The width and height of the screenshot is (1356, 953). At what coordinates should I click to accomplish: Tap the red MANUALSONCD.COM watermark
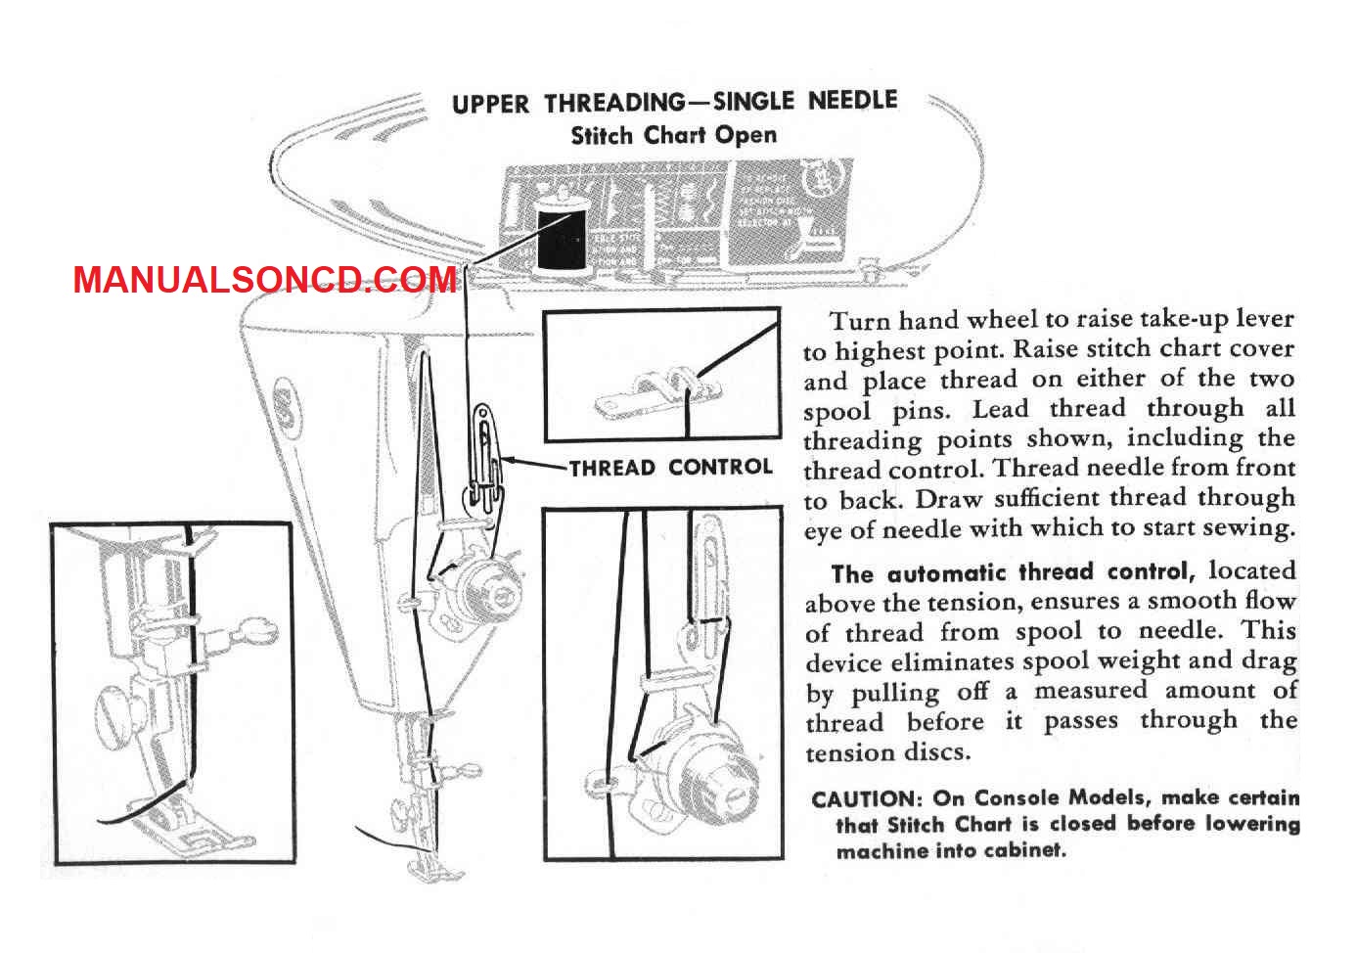click(265, 281)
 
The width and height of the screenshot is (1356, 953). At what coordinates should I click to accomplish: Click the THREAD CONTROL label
click(671, 468)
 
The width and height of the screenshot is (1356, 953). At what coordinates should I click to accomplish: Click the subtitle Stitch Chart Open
click(674, 135)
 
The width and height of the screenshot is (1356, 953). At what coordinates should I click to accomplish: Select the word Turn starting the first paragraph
click(861, 320)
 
